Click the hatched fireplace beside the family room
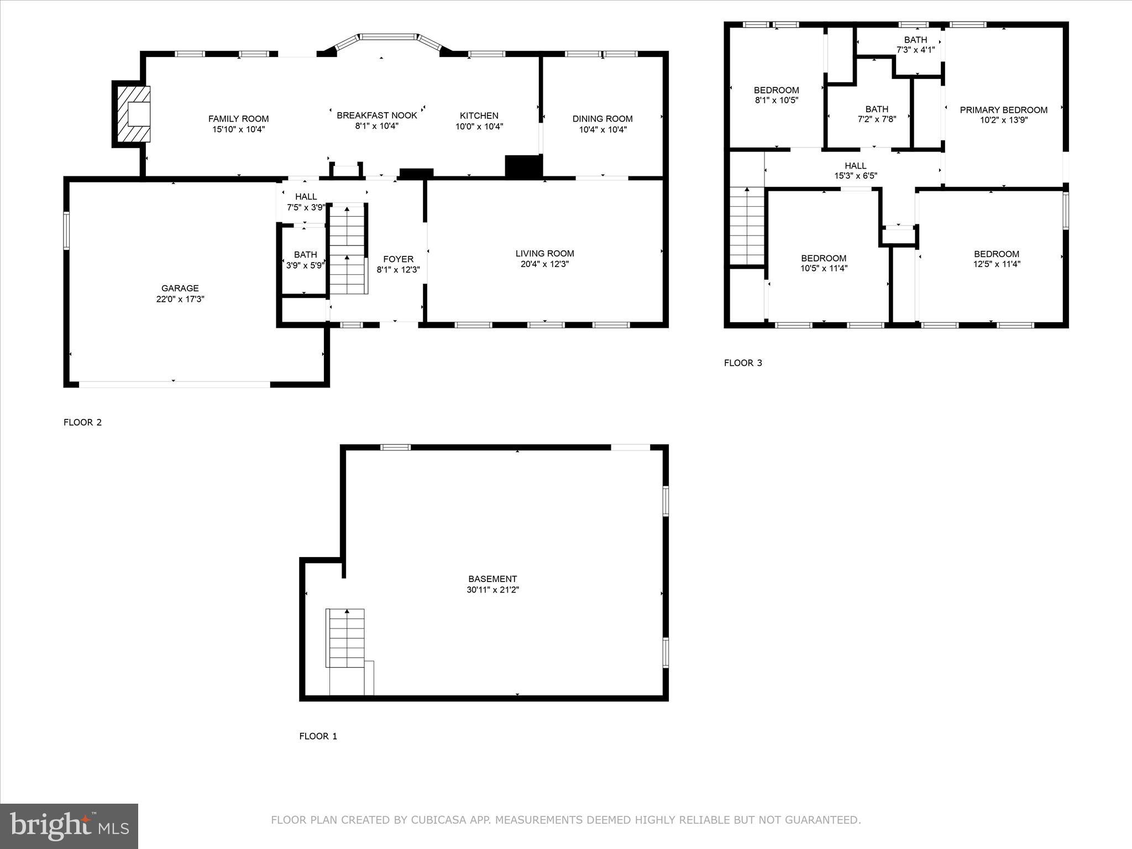132,114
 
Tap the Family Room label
238,119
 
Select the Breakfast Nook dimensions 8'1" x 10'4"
376,126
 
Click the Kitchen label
479,116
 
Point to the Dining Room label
602,119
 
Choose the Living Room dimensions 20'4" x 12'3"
544,264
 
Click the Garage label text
180,288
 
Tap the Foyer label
398,259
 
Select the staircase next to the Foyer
348,249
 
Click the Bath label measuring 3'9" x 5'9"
305,255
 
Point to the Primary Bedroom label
1003,110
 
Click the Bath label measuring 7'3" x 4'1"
915,40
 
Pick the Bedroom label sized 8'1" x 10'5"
776,90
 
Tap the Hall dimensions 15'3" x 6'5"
855,176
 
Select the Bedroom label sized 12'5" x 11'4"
996,254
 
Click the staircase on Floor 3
747,227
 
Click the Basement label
492,579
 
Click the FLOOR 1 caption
318,736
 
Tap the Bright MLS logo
69,826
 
